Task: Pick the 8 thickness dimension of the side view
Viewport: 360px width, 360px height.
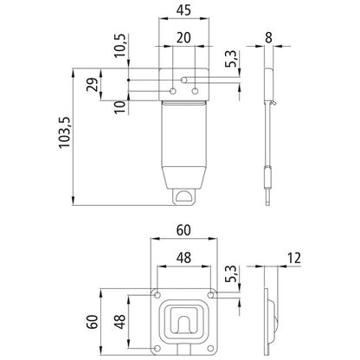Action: [x=270, y=37]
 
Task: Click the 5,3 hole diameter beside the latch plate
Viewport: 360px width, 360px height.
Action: [x=229, y=61]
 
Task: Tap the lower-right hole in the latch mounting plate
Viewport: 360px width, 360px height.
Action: [x=195, y=91]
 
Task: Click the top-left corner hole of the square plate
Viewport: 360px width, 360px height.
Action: [x=157, y=295]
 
